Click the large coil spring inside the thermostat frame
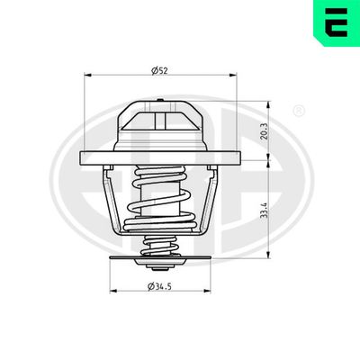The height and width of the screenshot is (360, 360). point(161,198)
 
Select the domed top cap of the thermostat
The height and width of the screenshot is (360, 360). point(160,126)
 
